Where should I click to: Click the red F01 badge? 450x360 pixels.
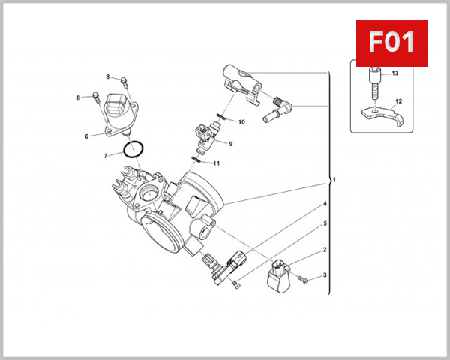point(391,42)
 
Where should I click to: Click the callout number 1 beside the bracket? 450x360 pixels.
point(334,181)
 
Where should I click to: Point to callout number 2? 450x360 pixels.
point(325,250)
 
